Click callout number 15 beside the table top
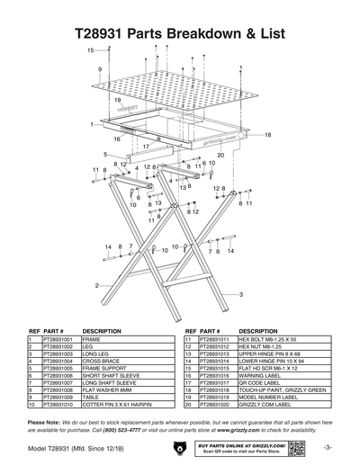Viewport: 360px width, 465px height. click(x=90, y=51)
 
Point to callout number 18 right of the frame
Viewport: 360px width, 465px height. click(x=267, y=135)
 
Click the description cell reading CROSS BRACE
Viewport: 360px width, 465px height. click(x=100, y=362)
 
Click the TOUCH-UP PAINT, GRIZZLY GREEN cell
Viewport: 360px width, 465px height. click(x=282, y=389)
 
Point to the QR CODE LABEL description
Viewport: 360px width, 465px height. click(x=261, y=382)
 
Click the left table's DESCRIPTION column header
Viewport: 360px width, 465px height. click(x=102, y=331)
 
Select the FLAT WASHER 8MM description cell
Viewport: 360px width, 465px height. click(x=106, y=389)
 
